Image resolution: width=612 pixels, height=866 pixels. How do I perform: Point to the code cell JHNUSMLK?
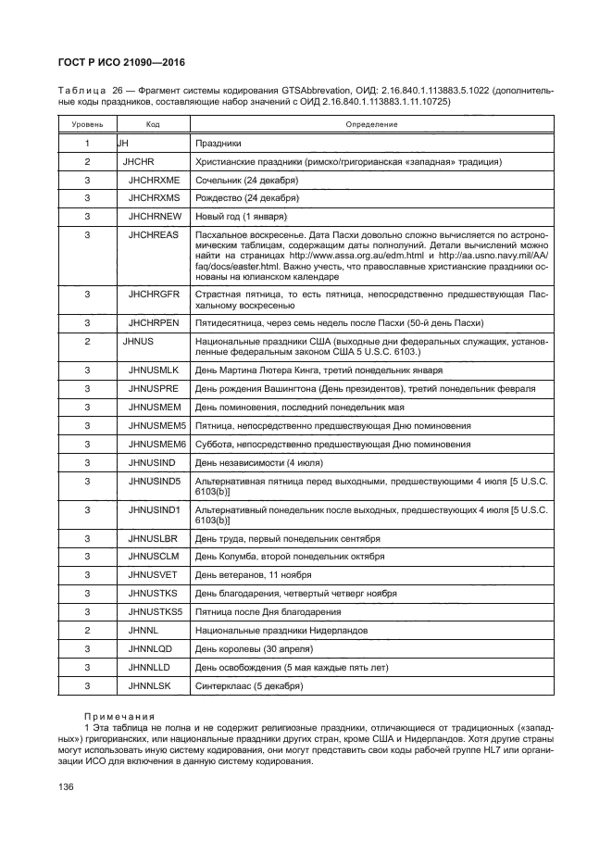[x=155, y=370]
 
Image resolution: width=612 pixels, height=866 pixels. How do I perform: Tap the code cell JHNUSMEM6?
[x=158, y=444]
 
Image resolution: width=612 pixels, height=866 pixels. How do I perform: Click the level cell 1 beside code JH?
[x=86, y=144]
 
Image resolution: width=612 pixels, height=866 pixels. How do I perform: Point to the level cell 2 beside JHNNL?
[x=86, y=631]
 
